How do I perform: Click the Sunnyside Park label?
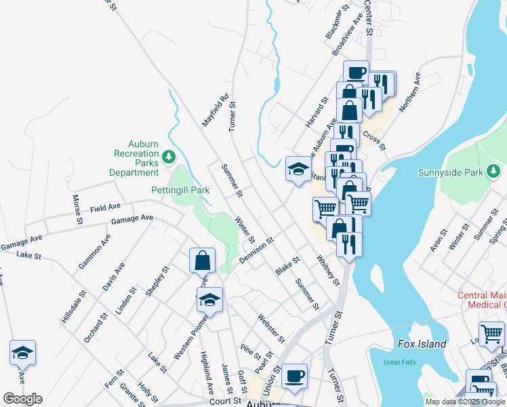point(451,172)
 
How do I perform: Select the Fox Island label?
point(422,344)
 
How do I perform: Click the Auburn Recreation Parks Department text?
point(134,158)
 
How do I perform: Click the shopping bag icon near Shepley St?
point(203,260)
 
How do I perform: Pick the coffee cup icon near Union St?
point(294,376)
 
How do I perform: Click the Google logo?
point(22,399)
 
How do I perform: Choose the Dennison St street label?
point(255,251)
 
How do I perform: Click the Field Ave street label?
point(104,206)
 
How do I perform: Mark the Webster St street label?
point(270,328)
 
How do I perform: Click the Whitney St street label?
point(327,270)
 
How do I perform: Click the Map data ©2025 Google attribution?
point(465,402)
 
